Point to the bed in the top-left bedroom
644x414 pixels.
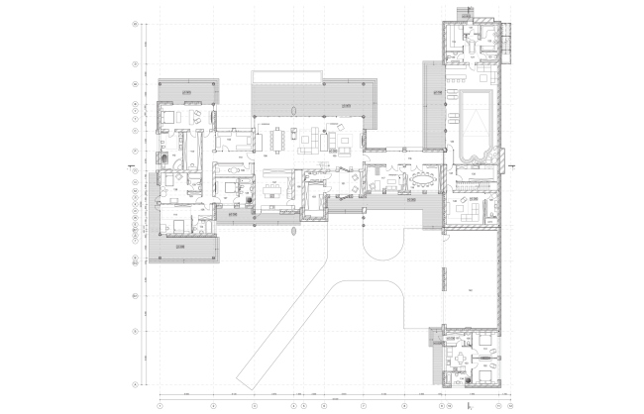click(x=167, y=118)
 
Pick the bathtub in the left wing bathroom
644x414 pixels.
click(x=163, y=156)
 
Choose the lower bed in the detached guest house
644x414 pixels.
click(x=481, y=376)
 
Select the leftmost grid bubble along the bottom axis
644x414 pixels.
click(x=160, y=405)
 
